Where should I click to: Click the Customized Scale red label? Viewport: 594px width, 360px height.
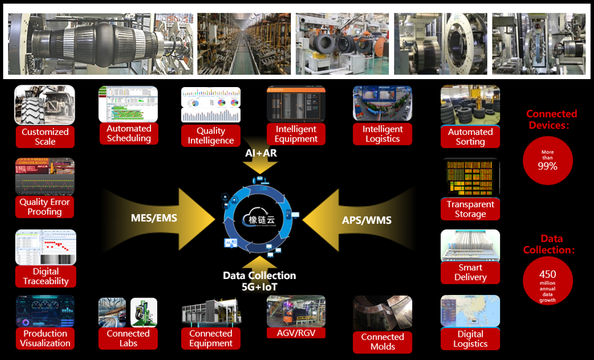click(x=45, y=137)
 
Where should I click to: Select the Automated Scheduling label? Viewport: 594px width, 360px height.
click(x=129, y=134)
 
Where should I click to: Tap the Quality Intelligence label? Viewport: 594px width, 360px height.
click(x=210, y=136)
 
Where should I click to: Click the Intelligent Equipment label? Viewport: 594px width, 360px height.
click(x=296, y=134)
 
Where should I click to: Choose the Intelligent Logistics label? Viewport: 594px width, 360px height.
click(x=382, y=134)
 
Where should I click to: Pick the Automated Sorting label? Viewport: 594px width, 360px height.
click(x=470, y=137)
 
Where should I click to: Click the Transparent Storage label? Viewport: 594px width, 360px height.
click(x=470, y=209)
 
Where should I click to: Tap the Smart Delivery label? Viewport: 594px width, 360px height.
click(x=470, y=272)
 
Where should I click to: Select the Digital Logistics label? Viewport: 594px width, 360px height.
click(x=470, y=339)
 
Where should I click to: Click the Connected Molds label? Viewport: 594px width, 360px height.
click(x=382, y=342)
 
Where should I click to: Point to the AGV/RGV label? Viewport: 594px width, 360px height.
click(x=296, y=333)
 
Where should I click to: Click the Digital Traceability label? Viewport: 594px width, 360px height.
click(x=45, y=277)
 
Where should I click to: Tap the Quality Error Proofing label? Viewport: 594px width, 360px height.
click(x=45, y=207)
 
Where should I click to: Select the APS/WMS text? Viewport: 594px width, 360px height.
click(x=366, y=220)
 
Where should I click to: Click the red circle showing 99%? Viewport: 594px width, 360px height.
click(x=547, y=161)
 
